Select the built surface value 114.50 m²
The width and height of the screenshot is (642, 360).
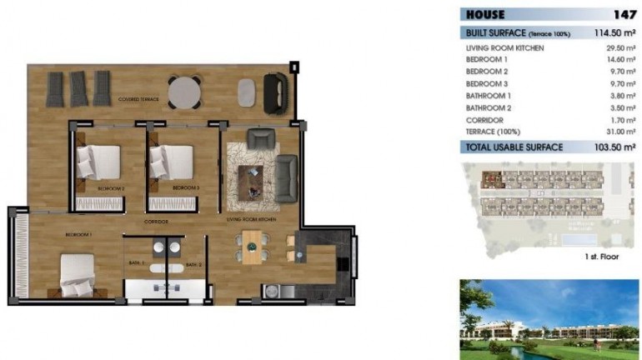tap(609, 33)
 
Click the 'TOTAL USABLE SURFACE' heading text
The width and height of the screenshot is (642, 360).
tap(514, 147)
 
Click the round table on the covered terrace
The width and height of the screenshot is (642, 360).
tap(184, 92)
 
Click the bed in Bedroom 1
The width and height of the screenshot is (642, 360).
tap(77, 274)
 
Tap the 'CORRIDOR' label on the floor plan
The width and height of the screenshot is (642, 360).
tap(156, 222)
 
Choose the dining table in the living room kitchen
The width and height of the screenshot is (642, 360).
tap(252, 247)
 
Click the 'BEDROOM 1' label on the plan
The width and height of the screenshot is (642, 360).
tap(78, 235)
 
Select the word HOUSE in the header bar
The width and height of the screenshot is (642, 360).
tap(486, 14)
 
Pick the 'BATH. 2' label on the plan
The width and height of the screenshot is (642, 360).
tap(193, 264)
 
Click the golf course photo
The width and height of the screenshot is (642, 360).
tap(549, 319)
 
